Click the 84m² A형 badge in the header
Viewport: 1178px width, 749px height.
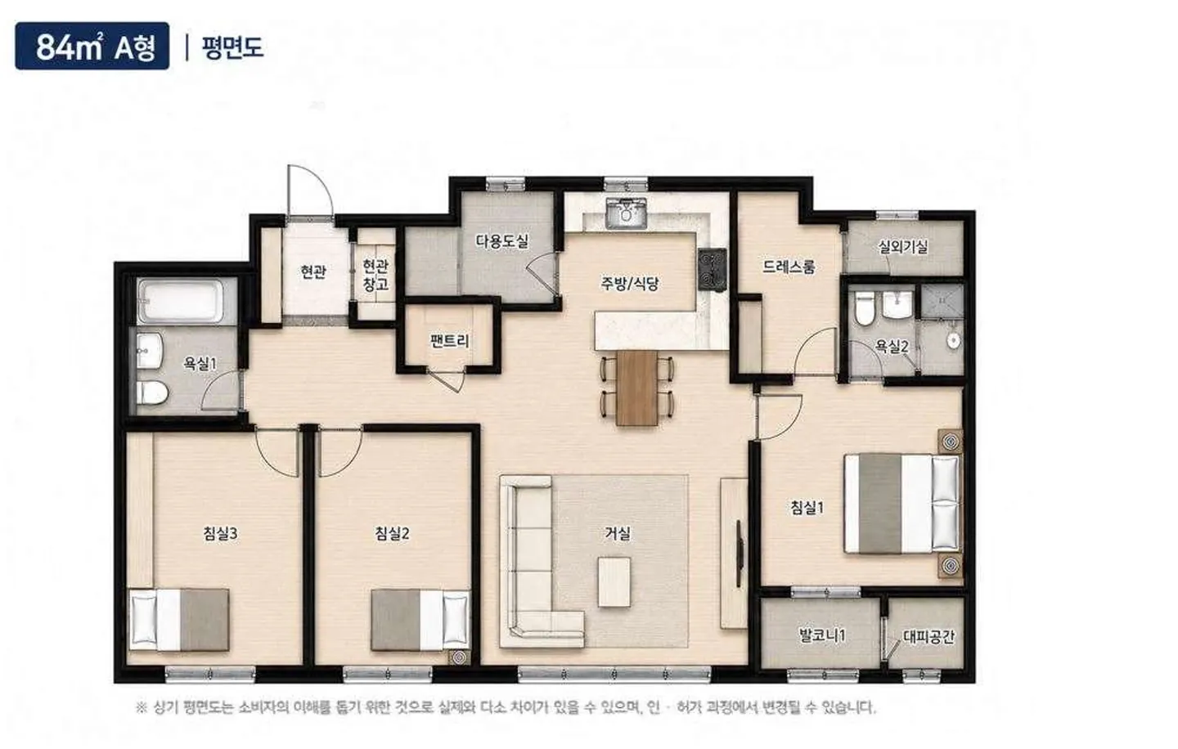[x=92, y=46]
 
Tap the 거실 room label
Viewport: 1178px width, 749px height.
[x=618, y=533]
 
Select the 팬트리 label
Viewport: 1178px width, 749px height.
[x=450, y=341]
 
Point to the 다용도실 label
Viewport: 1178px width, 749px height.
[x=501, y=241]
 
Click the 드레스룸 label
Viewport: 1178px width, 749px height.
[x=789, y=267]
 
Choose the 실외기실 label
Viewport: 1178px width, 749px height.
[x=903, y=246]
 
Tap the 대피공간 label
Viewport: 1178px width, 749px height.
[x=928, y=636]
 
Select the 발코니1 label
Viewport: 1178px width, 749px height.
[x=822, y=635]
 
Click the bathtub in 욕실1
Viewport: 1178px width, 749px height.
[x=181, y=301]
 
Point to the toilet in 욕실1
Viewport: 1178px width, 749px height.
[x=152, y=392]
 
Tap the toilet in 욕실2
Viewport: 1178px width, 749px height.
[x=864, y=308]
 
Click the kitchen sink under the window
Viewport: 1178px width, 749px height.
[x=626, y=213]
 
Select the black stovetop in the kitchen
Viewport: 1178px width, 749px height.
[x=713, y=269]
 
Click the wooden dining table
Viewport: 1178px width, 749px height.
[x=637, y=388]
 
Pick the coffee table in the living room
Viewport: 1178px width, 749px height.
[x=614, y=582]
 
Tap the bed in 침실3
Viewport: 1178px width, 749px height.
[x=179, y=621]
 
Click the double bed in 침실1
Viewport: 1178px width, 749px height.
[x=901, y=504]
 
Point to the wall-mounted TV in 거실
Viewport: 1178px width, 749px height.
[x=740, y=554]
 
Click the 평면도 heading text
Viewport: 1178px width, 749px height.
[x=232, y=47]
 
